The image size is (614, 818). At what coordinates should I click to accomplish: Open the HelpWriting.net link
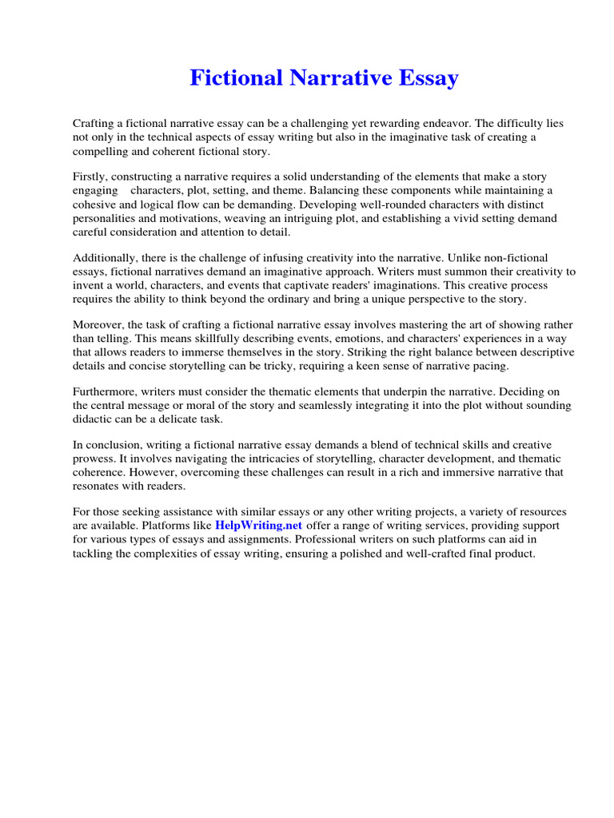pos(258,526)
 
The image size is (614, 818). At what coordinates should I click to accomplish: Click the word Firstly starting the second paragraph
pos(90,176)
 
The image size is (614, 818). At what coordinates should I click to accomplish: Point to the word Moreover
pos(98,324)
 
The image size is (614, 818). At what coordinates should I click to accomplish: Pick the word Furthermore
pos(104,391)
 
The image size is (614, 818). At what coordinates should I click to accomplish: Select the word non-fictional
pos(515,257)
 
